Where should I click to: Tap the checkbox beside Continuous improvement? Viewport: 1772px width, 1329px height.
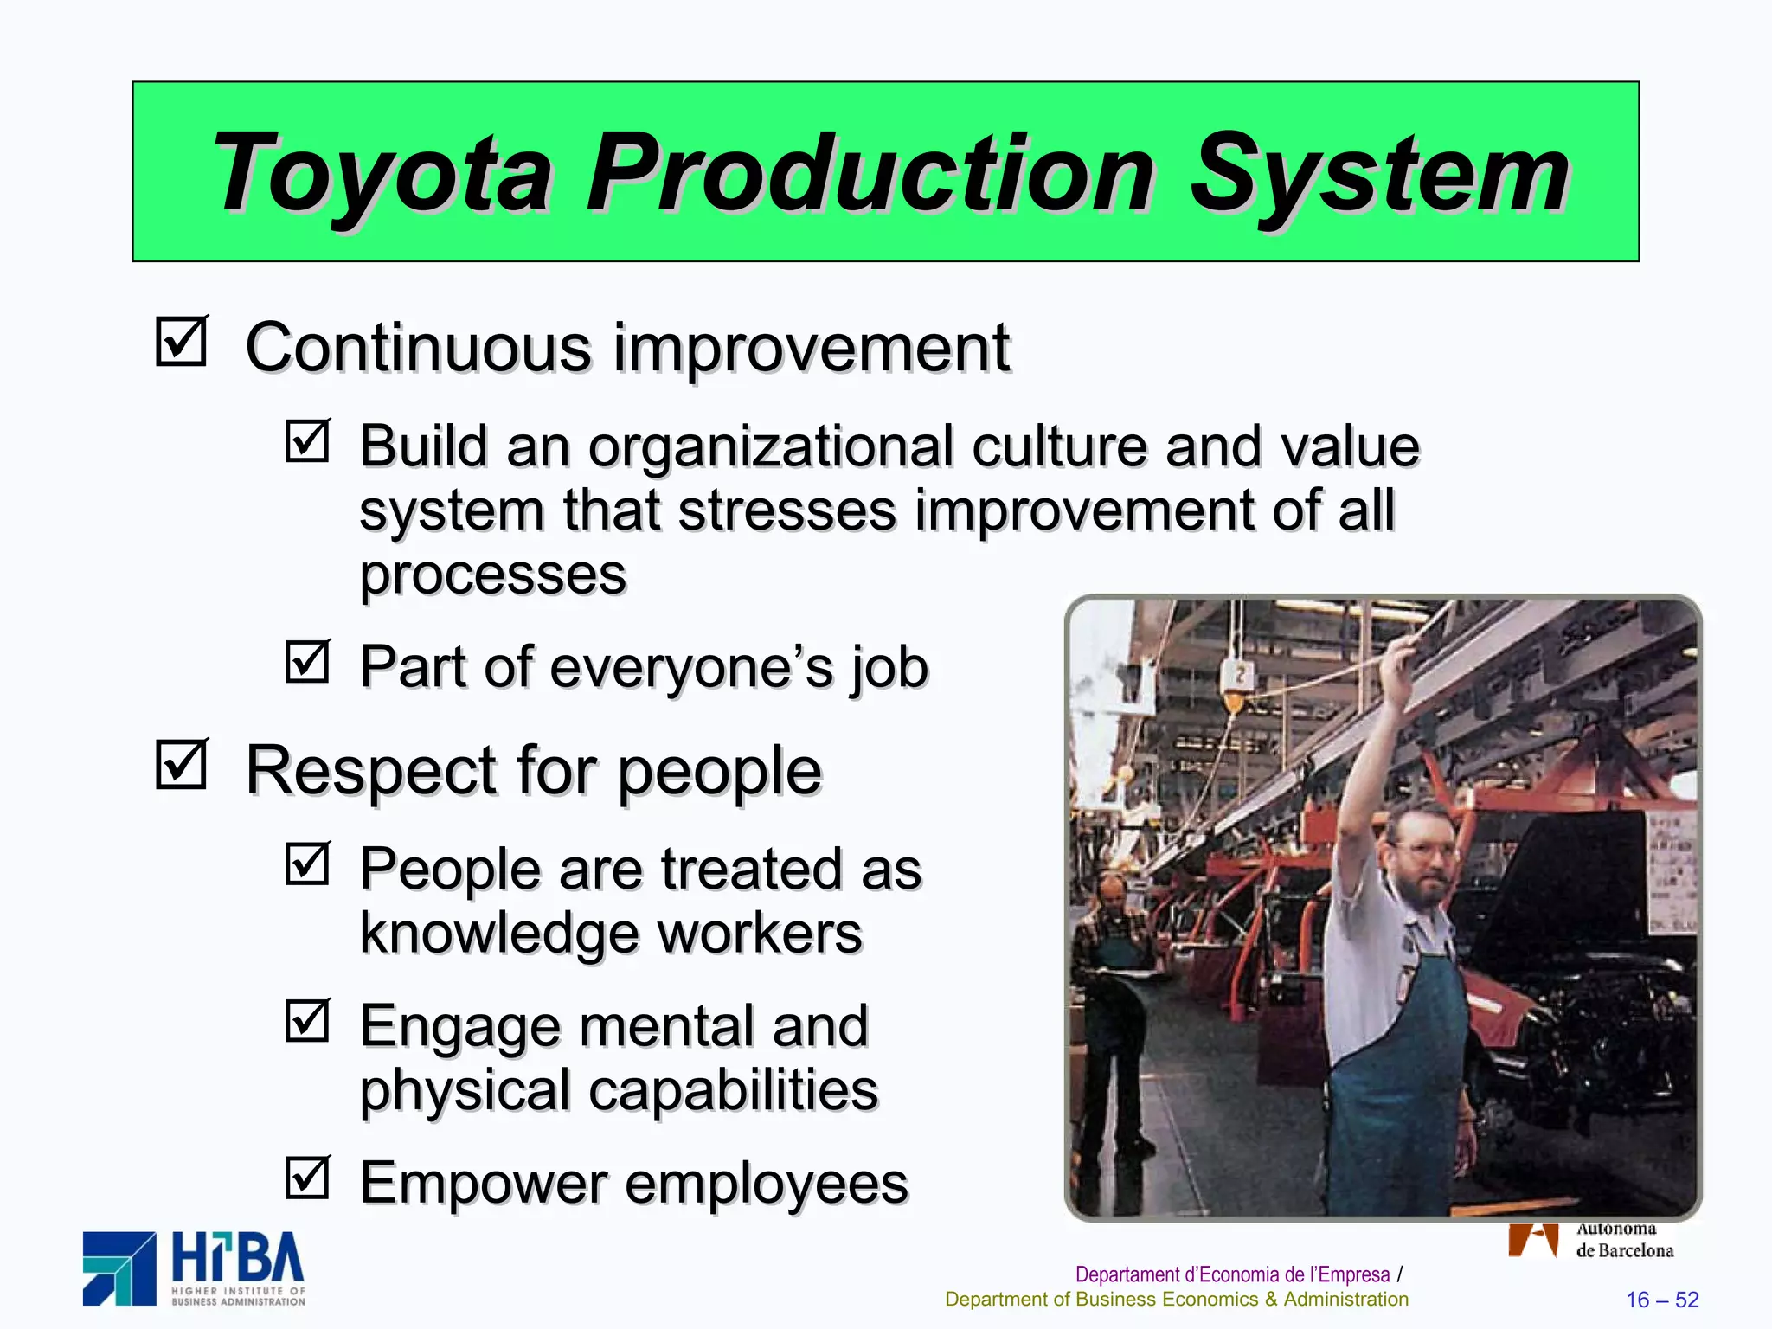coord(182,341)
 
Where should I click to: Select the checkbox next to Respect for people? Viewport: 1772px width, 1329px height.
coord(182,764)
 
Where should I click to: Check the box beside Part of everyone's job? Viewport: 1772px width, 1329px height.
coord(308,662)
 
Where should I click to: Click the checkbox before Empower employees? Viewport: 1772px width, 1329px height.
coord(308,1178)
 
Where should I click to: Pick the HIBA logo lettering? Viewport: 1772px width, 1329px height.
coord(238,1261)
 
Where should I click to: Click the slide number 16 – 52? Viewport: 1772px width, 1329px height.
coord(1662,1300)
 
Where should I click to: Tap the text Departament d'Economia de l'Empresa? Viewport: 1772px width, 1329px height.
coord(1232,1274)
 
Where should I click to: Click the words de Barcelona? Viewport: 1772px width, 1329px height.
coord(1624,1250)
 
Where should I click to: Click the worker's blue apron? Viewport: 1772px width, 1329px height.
coord(1393,1082)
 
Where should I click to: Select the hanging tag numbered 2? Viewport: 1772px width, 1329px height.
coord(1239,674)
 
